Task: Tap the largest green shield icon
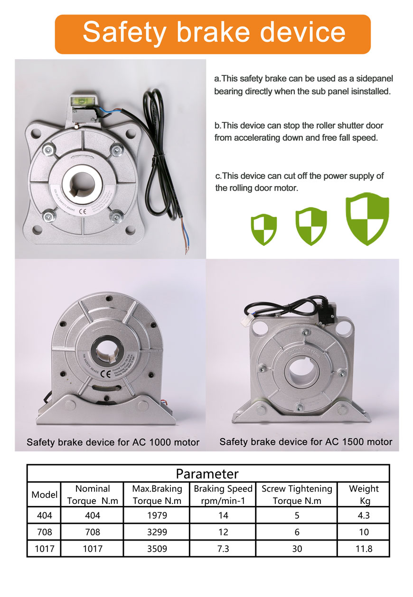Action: pos(366,218)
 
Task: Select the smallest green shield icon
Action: pos(263,228)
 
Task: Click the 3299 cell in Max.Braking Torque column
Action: pos(156,532)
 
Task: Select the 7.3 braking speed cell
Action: pos(223,549)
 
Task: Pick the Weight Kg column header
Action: pos(364,494)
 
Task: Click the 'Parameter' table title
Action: pos(207,473)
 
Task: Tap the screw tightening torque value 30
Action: pos(297,549)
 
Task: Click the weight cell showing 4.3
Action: pos(364,515)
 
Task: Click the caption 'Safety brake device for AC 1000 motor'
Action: pos(113,442)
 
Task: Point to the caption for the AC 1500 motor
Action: pos(305,442)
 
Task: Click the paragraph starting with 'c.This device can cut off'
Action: pos(299,182)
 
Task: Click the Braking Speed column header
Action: pos(223,494)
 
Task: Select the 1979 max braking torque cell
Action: pos(156,515)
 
